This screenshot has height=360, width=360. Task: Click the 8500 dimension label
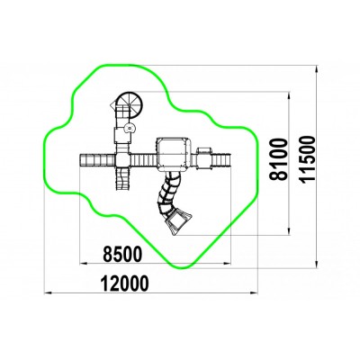(121, 254)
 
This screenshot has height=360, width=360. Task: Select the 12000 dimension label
(124, 283)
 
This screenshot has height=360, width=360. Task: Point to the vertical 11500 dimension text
(307, 159)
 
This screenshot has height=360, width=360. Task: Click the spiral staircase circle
(130, 104)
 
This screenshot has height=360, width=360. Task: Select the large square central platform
(173, 154)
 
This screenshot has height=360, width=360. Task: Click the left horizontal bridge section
(97, 160)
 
